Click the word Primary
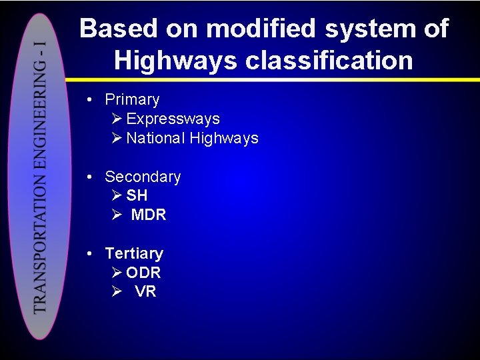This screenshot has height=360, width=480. [x=132, y=100]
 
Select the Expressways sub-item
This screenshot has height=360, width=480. [x=173, y=119]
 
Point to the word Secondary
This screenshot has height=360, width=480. [x=143, y=177]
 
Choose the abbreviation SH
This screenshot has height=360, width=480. [x=137, y=196]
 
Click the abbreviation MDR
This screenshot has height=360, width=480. [x=149, y=215]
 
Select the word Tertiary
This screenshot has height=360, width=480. [x=134, y=254]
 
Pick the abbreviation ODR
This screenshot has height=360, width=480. [x=143, y=273]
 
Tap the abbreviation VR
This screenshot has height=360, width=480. [x=145, y=292]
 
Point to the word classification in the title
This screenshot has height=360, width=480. [x=329, y=61]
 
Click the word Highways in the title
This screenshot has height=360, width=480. [x=175, y=61]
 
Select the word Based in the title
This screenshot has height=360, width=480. [x=118, y=29]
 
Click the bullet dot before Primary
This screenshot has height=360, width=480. [x=89, y=100]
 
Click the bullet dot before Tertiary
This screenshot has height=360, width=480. [x=89, y=254]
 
